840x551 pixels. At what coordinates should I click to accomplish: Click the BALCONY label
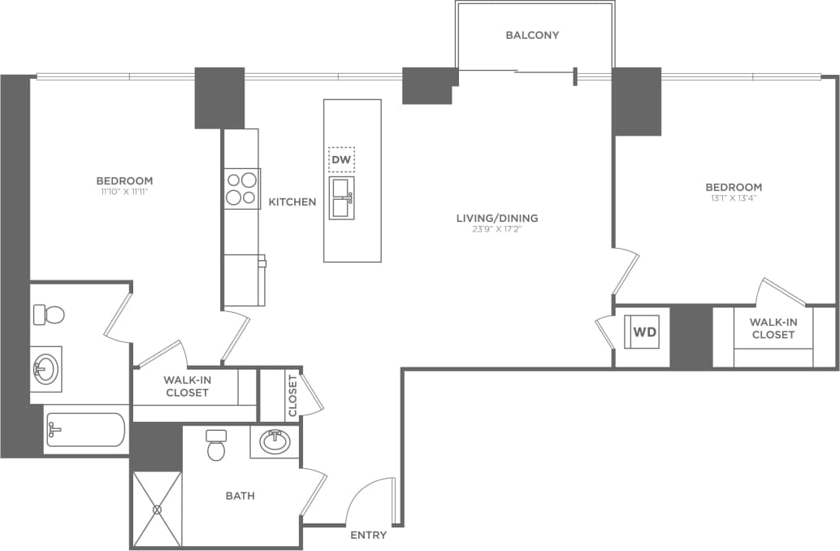(x=532, y=35)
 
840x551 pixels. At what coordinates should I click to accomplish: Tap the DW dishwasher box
(x=341, y=160)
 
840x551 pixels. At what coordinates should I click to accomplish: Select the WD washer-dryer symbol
(x=644, y=332)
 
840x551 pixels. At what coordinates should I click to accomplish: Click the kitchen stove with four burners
(x=241, y=189)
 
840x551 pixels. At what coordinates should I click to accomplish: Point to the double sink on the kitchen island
(x=341, y=198)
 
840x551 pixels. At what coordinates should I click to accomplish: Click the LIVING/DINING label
(x=496, y=218)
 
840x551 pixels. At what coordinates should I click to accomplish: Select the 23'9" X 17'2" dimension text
(x=496, y=230)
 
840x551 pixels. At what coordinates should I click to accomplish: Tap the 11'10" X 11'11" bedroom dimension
(x=124, y=193)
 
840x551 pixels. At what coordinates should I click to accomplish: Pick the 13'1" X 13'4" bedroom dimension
(x=734, y=198)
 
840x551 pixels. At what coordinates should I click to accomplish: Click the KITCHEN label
(x=292, y=202)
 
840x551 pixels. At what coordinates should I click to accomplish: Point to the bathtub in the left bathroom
(x=85, y=430)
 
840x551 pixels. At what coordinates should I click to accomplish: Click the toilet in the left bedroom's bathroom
(x=49, y=314)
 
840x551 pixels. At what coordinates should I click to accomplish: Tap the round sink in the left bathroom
(x=45, y=368)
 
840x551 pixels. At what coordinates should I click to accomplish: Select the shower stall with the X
(x=157, y=509)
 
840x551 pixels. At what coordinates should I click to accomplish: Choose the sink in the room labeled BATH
(x=275, y=442)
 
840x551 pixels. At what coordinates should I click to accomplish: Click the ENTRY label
(x=368, y=536)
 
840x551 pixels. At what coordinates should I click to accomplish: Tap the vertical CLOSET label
(x=292, y=395)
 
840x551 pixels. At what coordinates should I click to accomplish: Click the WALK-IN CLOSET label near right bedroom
(x=773, y=328)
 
